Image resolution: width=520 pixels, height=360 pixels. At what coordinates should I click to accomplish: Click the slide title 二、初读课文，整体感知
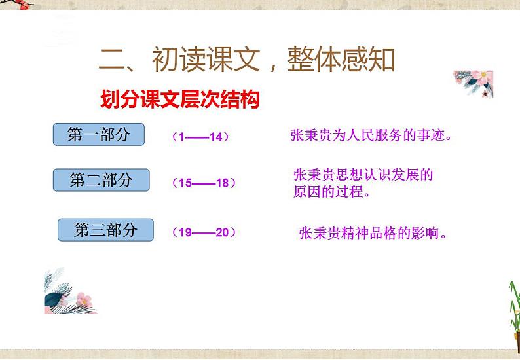[x=247, y=61]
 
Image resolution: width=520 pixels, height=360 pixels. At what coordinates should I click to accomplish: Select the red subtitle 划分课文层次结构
[x=179, y=100]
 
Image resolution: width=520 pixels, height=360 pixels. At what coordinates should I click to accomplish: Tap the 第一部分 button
[x=98, y=134]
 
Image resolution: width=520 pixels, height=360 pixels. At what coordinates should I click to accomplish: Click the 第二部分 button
[x=101, y=179]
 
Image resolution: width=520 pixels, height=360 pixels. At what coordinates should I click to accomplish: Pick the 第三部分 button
[x=105, y=230]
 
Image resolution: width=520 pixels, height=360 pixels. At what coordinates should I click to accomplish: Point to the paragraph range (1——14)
[x=200, y=137]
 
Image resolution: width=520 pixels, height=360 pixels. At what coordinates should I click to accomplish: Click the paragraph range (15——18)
[x=203, y=183]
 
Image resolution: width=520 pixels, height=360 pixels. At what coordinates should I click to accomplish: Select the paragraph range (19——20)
[x=204, y=232]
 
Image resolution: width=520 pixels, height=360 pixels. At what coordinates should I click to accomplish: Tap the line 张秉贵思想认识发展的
[x=363, y=175]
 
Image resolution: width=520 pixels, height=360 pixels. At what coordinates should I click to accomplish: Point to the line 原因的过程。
[x=332, y=193]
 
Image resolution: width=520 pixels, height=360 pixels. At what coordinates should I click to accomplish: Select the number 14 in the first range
[x=216, y=137]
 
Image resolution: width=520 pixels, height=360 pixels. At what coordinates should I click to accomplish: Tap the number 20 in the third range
[x=221, y=232]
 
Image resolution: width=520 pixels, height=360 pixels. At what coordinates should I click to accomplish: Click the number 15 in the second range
[x=185, y=183]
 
